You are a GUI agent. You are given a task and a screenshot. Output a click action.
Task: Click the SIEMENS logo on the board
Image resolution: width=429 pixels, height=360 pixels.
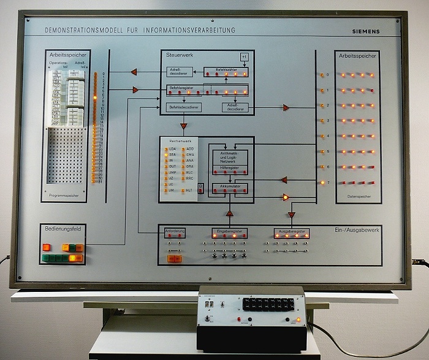(x=366, y=31)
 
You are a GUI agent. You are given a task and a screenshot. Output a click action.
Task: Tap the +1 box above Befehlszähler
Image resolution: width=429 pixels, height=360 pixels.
(x=244, y=58)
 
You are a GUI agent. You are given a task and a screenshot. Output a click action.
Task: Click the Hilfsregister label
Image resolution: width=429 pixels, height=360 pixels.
(x=230, y=167)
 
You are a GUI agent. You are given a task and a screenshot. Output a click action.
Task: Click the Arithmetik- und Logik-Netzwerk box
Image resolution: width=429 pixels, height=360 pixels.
(x=230, y=157)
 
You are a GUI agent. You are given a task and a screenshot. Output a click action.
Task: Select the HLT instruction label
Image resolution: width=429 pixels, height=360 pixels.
(x=189, y=191)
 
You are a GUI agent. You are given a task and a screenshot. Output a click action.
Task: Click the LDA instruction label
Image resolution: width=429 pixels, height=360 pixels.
(x=172, y=149)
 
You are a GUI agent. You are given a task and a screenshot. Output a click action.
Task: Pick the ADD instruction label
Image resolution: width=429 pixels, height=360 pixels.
(x=189, y=149)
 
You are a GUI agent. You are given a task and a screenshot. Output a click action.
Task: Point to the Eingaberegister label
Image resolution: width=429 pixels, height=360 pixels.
(x=230, y=232)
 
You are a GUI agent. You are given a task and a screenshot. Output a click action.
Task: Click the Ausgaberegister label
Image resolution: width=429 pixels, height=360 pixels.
(x=291, y=232)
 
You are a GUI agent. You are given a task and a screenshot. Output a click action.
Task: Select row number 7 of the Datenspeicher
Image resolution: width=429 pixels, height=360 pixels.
(x=328, y=182)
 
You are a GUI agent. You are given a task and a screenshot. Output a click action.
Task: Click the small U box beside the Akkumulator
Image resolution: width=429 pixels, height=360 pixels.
(x=200, y=185)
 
